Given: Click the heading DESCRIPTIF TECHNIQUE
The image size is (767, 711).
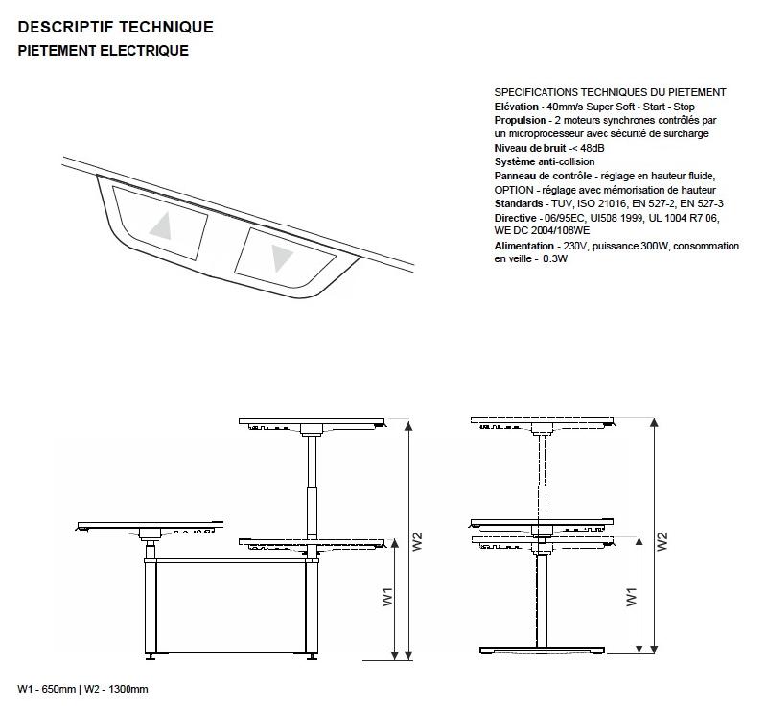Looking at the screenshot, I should (x=115, y=27).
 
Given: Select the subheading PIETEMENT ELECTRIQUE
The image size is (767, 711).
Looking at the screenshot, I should (x=103, y=51).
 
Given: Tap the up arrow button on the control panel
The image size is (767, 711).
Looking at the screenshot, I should (x=161, y=225).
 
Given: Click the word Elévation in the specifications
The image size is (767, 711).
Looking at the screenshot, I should (x=517, y=107).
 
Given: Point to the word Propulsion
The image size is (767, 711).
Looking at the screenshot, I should (x=520, y=121).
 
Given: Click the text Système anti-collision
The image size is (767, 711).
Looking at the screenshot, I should (x=545, y=162).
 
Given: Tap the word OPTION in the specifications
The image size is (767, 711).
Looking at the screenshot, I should (x=513, y=190).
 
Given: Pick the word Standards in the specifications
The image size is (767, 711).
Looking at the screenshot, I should (x=518, y=204).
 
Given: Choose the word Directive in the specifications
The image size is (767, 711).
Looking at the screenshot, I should (x=517, y=219).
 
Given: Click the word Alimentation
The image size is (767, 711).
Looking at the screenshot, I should (x=523, y=247).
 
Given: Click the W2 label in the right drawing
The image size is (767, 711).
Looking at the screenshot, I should (x=662, y=541).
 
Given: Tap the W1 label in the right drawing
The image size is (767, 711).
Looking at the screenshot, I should (x=633, y=597).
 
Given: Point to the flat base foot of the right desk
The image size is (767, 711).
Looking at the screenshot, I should (x=541, y=650).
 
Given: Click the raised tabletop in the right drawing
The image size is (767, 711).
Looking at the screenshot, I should (x=542, y=421).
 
